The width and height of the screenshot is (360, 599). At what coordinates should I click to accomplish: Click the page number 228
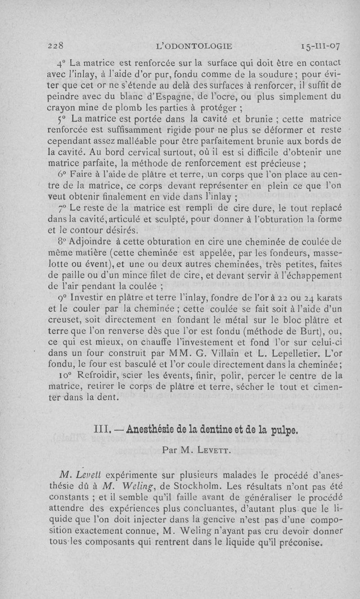pos(58,46)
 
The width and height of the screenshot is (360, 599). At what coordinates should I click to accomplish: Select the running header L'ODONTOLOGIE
pos(193,46)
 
